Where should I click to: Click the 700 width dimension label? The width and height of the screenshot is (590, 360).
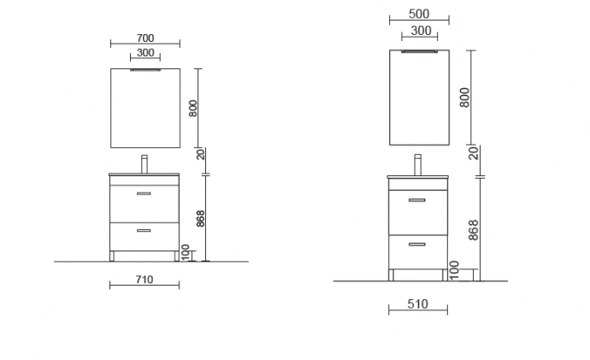(145, 38)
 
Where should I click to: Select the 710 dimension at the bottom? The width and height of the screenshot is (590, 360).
(144, 280)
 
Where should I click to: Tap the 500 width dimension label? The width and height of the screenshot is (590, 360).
(419, 15)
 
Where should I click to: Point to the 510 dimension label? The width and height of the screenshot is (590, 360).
(418, 304)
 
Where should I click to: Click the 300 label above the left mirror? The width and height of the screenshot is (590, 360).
(145, 53)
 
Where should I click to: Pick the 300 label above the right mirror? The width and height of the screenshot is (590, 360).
(419, 31)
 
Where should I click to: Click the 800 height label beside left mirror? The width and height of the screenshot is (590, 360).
(193, 108)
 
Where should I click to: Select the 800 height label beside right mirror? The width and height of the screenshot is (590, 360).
(464, 97)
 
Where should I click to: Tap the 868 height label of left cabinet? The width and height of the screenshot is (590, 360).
(200, 217)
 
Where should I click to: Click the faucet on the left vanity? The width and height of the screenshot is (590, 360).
(145, 162)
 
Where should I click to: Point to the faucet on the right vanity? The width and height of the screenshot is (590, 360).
(418, 164)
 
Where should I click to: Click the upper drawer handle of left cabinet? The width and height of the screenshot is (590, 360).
(145, 195)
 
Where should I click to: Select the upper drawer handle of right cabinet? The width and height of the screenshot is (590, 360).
(417, 200)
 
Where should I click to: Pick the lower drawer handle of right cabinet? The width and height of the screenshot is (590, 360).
(417, 245)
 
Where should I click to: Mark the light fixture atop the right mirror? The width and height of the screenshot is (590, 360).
(419, 51)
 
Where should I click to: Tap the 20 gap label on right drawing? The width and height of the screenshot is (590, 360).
(472, 153)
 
